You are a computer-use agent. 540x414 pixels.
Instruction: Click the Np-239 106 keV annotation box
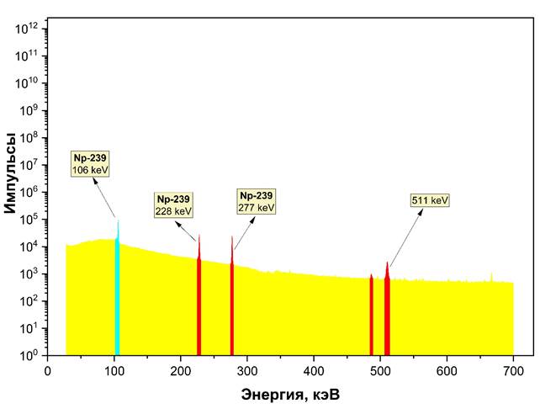tap(91, 164)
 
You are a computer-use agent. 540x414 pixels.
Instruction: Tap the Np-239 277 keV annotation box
tap(257, 201)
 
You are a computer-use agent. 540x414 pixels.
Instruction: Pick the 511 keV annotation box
tap(430, 200)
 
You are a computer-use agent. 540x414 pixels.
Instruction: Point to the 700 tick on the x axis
tap(513, 369)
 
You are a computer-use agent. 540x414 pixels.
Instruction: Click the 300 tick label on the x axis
tap(247, 369)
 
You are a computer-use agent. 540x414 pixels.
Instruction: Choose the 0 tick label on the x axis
tap(48, 369)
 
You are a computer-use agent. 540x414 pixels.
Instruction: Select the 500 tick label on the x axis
tap(380, 369)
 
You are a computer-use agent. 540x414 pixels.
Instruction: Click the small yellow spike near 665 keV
tap(491, 278)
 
